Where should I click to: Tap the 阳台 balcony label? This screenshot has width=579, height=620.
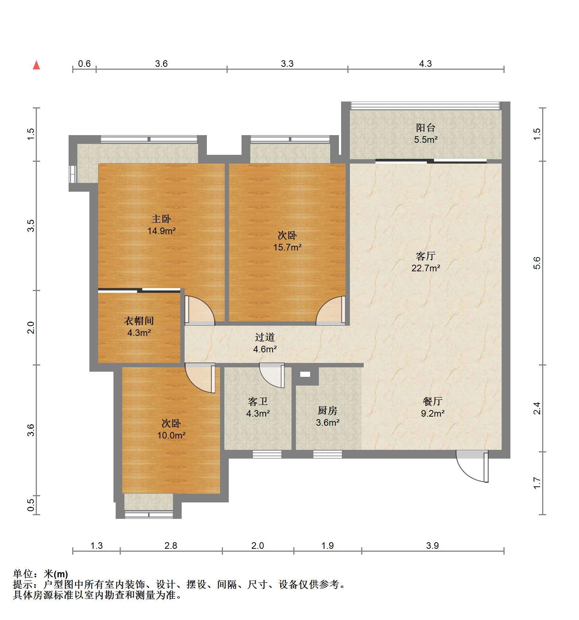pyautogui.click(x=425, y=128)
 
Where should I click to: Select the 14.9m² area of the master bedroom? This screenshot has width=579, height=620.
pyautogui.click(x=162, y=231)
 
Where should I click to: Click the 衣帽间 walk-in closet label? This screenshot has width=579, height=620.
pyautogui.click(x=139, y=321)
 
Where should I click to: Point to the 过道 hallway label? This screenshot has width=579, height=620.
pyautogui.click(x=265, y=337)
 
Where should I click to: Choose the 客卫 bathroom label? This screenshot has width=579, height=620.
pyautogui.click(x=258, y=402)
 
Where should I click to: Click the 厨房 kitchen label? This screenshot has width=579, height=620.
pyautogui.click(x=327, y=411)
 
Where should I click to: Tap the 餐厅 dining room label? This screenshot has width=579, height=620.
pyautogui.click(x=433, y=402)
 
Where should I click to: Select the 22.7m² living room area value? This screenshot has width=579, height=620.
pyautogui.click(x=426, y=268)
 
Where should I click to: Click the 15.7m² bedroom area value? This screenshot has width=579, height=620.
pyautogui.click(x=287, y=247)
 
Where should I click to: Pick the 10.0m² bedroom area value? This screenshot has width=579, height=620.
pyautogui.click(x=171, y=435)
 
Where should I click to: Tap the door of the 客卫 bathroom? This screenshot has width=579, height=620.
pyautogui.click(x=272, y=375)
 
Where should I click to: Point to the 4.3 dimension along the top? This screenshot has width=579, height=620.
pyautogui.click(x=425, y=64)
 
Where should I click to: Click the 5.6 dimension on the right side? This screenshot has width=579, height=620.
pyautogui.click(x=537, y=263)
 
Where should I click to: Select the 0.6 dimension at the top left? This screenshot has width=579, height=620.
pyautogui.click(x=84, y=64)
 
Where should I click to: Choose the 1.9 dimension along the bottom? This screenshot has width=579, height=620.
pyautogui.click(x=328, y=546)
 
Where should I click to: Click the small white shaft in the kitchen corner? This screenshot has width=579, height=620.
pyautogui.click(x=305, y=374)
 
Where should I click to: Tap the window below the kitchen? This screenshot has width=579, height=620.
pyautogui.click(x=327, y=455)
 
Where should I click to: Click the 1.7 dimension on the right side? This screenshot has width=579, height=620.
pyautogui.click(x=537, y=483)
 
